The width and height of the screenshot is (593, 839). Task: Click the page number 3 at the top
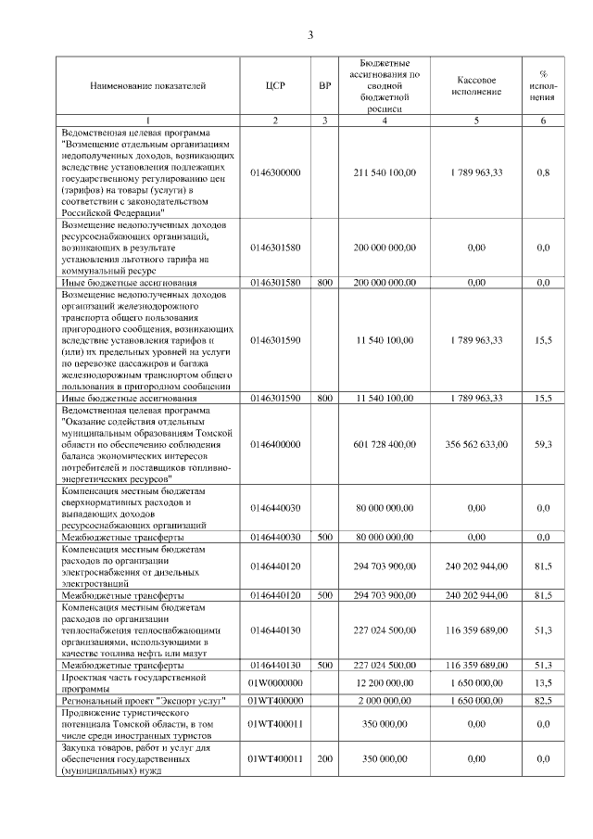(311, 35)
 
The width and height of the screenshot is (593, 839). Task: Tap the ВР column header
(324, 86)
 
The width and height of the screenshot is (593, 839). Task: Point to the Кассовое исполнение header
(477, 86)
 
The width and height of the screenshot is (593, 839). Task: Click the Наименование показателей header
(148, 86)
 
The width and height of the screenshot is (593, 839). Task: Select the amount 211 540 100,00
(385, 172)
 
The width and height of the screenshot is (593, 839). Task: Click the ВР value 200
(324, 759)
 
